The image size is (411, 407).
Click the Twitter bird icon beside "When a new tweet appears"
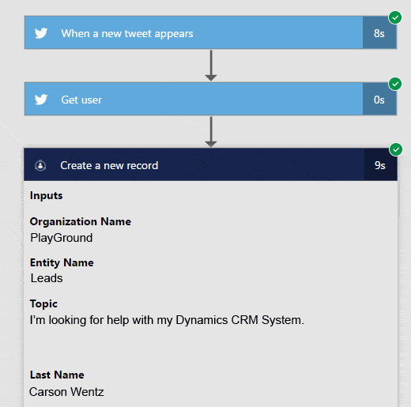(x=41, y=33)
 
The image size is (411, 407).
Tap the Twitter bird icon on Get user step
(x=41, y=100)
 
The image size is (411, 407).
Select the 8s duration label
(x=379, y=33)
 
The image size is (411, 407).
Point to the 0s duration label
(x=379, y=100)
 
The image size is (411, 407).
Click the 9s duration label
(x=380, y=165)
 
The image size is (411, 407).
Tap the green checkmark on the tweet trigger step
(x=395, y=17)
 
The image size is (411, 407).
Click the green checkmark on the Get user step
(x=395, y=84)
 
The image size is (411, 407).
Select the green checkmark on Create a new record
(x=396, y=149)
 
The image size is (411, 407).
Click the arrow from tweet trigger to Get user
(x=211, y=66)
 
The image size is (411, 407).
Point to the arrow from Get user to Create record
(x=211, y=132)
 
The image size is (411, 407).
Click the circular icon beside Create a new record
(x=40, y=165)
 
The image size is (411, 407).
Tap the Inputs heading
(x=47, y=196)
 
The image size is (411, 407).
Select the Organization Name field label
(x=81, y=221)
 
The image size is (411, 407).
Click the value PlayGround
(x=62, y=238)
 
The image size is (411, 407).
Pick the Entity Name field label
(x=62, y=262)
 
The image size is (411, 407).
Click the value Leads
(x=47, y=278)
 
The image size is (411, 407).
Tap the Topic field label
(x=43, y=304)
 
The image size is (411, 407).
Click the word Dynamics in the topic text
(x=202, y=320)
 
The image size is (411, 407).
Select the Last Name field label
(x=57, y=375)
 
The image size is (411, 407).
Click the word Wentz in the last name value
(x=87, y=392)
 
